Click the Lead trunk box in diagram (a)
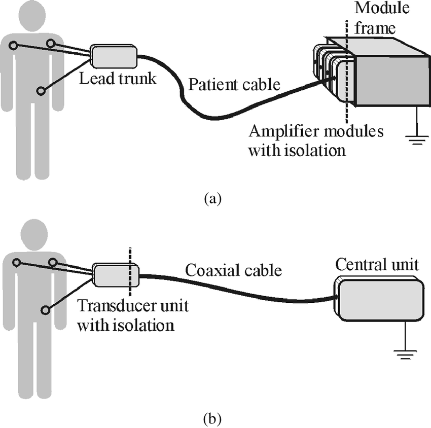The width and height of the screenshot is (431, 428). click(x=114, y=56)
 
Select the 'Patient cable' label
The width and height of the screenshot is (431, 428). click(x=234, y=84)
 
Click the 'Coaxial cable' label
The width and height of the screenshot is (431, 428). click(x=233, y=270)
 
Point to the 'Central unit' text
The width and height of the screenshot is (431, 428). click(x=377, y=264)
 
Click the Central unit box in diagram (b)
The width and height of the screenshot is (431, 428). click(x=380, y=300)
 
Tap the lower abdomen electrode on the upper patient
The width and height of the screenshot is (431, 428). click(x=41, y=91)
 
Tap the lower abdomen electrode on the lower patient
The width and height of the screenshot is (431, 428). click(x=46, y=309)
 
